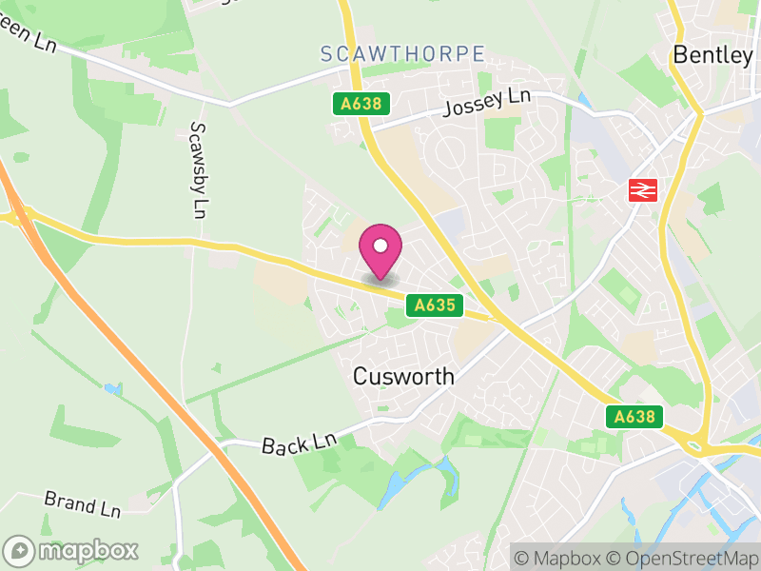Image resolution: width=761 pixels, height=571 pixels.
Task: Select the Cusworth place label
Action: (403, 376)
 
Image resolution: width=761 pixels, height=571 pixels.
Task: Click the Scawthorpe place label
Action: (402, 54)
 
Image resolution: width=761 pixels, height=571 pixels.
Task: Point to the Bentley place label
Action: (712, 55)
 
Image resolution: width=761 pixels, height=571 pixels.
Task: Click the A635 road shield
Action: (436, 305)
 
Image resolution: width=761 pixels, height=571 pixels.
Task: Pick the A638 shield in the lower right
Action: (633, 417)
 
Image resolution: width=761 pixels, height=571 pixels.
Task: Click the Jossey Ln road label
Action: (486, 103)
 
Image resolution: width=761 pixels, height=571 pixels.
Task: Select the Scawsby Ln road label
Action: (198, 167)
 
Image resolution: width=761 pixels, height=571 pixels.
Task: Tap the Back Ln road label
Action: (300, 442)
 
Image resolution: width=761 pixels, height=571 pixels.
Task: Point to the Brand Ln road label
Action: (83, 504)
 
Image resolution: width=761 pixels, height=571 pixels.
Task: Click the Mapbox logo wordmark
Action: (72, 550)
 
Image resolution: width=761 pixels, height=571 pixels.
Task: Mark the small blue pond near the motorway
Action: (114, 389)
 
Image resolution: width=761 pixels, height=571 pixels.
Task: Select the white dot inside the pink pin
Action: (380, 245)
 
